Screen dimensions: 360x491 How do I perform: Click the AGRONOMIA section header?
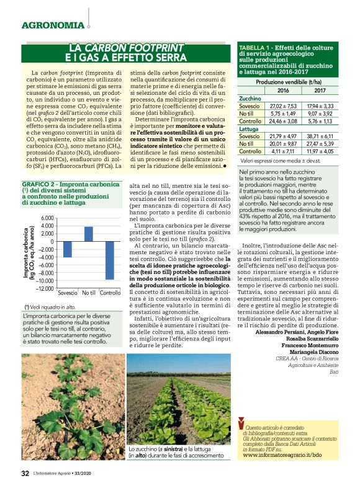pyautogui.click(x=53, y=25)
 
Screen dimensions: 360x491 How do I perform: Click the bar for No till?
pyautogui.click(x=89, y=234)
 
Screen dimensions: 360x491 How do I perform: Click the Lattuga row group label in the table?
pyautogui.click(x=250, y=128)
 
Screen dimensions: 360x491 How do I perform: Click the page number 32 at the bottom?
pyautogui.click(x=25, y=473)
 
